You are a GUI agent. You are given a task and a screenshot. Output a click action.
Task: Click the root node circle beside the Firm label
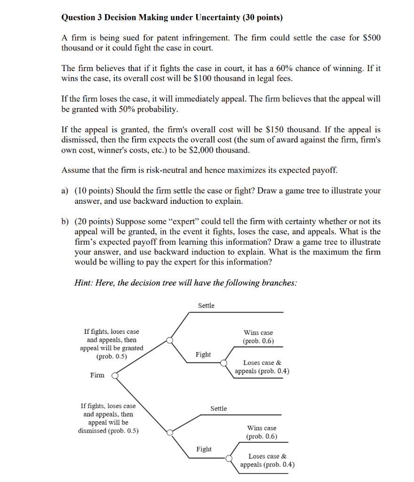[114, 376]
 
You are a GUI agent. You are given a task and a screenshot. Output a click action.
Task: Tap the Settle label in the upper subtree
[206, 305]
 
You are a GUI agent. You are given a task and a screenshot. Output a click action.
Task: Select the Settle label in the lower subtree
[218, 408]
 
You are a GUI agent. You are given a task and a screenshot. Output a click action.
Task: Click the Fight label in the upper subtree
[203, 354]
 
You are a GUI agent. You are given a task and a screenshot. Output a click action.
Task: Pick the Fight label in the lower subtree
[204, 449]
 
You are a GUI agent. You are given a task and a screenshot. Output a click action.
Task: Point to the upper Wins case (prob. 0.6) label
[258, 337]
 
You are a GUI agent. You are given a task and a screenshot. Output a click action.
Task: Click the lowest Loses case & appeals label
[267, 460]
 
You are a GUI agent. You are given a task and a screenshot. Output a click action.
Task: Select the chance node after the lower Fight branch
[229, 458]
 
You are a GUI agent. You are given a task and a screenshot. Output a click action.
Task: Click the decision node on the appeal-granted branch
[170, 340]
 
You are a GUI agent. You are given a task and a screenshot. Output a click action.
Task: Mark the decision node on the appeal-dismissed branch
[170, 432]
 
